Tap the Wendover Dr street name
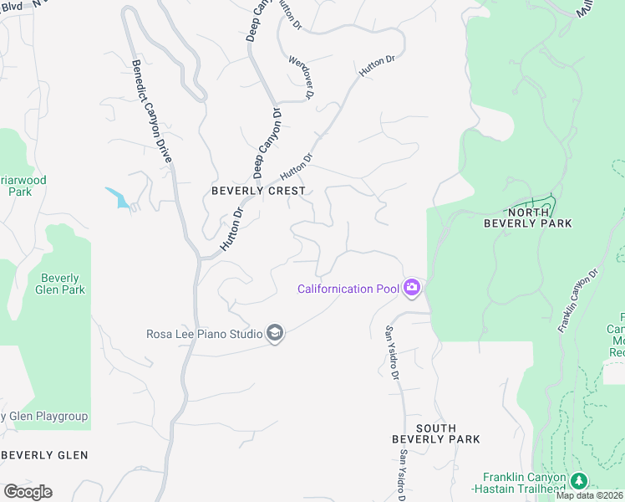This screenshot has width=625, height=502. [x=300, y=78]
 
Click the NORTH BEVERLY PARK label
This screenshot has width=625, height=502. [x=528, y=218]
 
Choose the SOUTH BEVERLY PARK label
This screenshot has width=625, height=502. [x=436, y=433]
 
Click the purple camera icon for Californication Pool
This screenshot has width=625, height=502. [x=411, y=289]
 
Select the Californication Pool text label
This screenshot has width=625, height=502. [x=348, y=289]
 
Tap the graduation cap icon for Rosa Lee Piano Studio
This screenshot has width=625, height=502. [x=274, y=334]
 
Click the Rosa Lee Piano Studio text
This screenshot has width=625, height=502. [x=204, y=334]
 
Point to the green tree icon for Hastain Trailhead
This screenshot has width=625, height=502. [x=579, y=480]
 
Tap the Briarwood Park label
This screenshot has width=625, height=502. [x=23, y=186]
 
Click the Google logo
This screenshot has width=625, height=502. [x=28, y=491]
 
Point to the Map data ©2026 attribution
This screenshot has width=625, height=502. [x=590, y=495]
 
